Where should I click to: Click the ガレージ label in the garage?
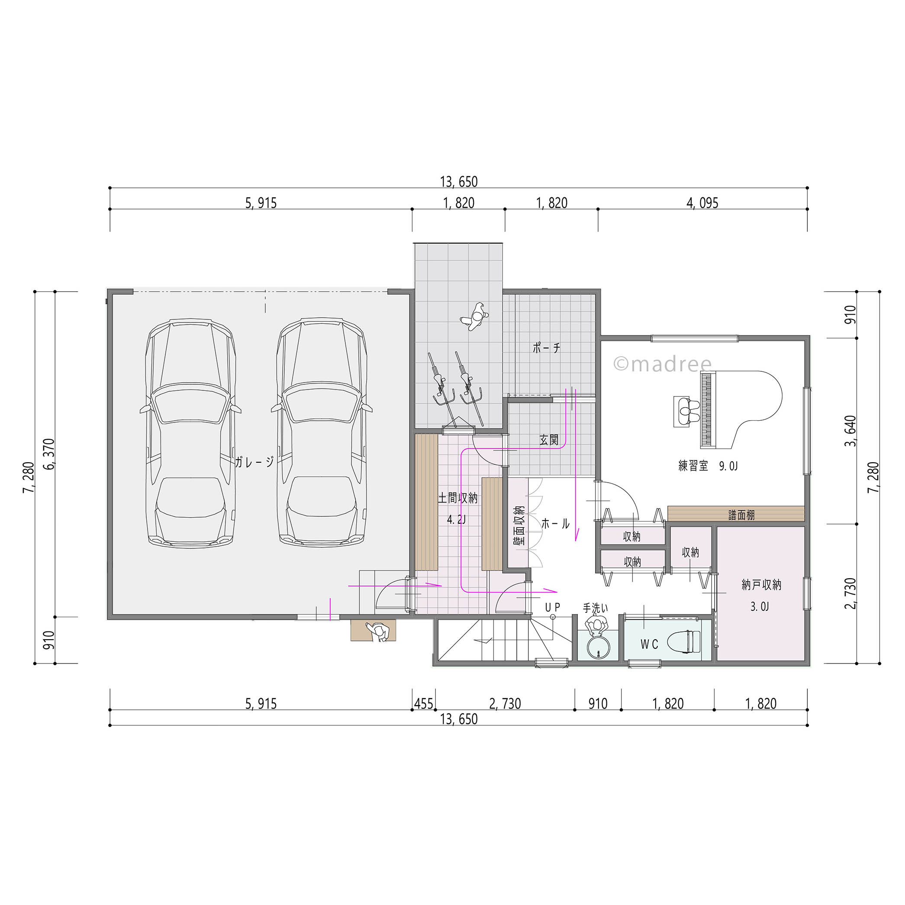(x=254, y=462)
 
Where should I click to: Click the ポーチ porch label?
(x=546, y=348)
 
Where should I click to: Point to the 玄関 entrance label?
(x=548, y=439)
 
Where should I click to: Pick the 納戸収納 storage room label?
(x=761, y=585)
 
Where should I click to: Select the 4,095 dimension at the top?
(x=702, y=203)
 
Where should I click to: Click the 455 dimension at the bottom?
(x=423, y=704)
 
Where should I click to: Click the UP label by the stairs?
(x=553, y=607)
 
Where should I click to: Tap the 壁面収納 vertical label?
(x=519, y=525)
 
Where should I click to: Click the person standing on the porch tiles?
(x=475, y=317)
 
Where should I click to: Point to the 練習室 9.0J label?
(x=708, y=466)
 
